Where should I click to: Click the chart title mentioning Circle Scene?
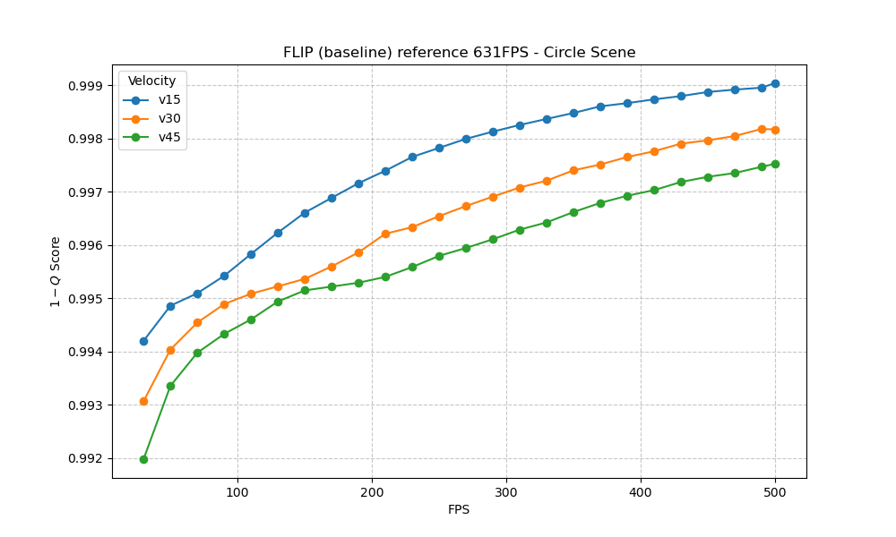tap(459, 53)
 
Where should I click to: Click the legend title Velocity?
tap(151, 81)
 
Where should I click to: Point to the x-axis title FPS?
tap(459, 510)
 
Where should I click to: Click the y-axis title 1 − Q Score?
tap(56, 271)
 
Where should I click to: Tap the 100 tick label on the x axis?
tap(237, 491)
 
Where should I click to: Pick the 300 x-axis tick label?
tap(506, 491)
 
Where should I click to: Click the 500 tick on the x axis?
tap(775, 491)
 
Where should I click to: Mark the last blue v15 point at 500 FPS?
tap(775, 83)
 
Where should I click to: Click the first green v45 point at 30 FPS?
tap(143, 459)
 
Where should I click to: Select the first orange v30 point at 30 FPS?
tap(143, 401)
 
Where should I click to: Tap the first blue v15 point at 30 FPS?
tap(143, 341)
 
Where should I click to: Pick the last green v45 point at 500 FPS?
tap(775, 164)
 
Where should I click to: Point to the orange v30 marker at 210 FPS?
tap(385, 234)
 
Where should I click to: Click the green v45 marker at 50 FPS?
tap(170, 386)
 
